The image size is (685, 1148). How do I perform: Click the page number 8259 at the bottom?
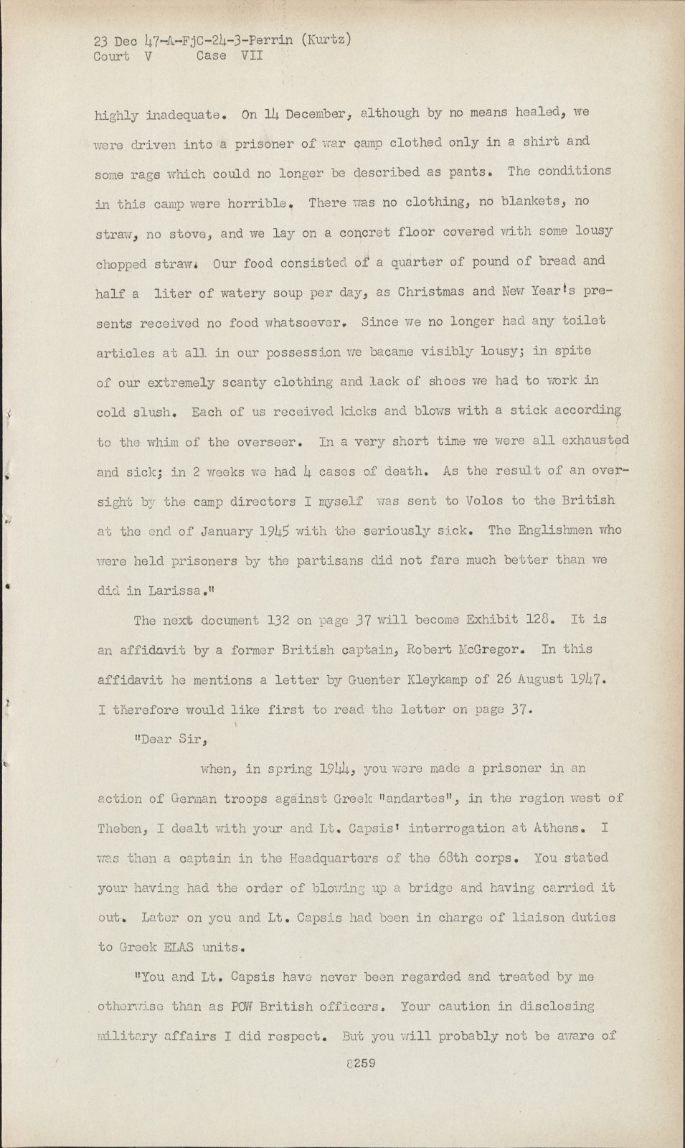click(360, 1063)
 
